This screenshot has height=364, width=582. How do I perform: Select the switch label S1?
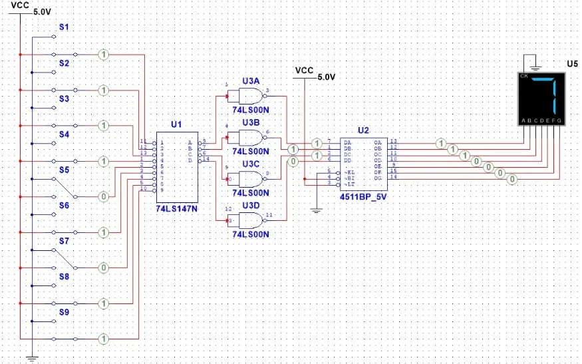point(65,28)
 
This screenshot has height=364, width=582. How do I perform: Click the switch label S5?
point(65,170)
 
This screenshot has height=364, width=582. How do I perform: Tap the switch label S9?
point(65,313)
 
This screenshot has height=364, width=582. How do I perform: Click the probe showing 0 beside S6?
point(103,197)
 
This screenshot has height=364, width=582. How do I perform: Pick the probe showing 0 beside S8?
point(103,268)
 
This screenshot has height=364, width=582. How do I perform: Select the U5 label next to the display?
point(572,64)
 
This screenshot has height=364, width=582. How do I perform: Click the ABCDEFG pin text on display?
point(541,120)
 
